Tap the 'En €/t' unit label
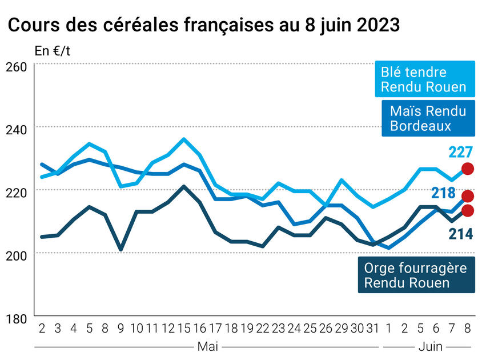tap(52, 50)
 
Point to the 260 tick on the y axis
tap(16, 66)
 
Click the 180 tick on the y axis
tap(16, 318)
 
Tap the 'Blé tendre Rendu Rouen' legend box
tap(424, 79)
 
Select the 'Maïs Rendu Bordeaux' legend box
tap(428, 118)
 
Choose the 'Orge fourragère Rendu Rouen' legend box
tap(416, 275)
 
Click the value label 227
tap(460, 153)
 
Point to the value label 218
tap(443, 194)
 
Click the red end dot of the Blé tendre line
tap(468, 169)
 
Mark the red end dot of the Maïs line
tap(468, 197)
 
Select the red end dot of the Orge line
tap(468, 210)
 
